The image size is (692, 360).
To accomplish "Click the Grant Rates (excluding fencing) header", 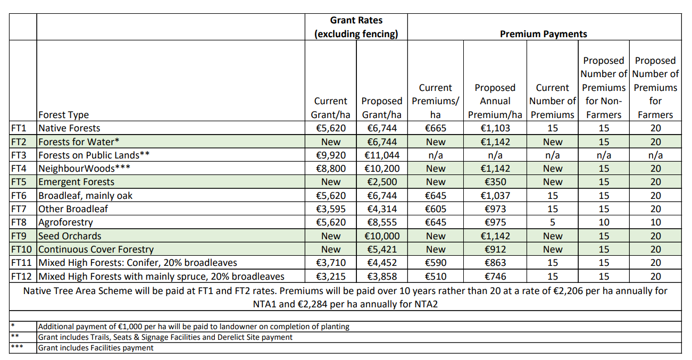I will [x=356, y=27].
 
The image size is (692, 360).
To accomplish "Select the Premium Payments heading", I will [x=543, y=34].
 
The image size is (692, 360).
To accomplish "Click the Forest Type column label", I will [x=63, y=115].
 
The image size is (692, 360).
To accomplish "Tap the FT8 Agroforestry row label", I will [x=65, y=222].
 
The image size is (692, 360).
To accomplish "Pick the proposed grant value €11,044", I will [x=381, y=155].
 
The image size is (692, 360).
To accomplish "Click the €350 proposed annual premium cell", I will [x=495, y=182].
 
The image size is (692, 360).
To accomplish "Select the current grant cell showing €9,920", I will [x=330, y=155].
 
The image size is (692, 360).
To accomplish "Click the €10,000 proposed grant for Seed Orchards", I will [x=381, y=236].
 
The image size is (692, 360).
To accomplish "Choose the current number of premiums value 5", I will [x=552, y=222].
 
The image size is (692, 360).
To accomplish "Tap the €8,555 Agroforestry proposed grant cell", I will [x=381, y=222].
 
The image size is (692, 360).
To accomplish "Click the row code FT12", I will [x=22, y=277].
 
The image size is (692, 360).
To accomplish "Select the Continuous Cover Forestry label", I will [x=96, y=249].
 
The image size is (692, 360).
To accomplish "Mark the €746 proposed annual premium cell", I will [x=495, y=277].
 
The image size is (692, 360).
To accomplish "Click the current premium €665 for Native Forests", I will [x=435, y=128].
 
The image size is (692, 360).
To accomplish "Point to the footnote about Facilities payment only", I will [x=96, y=348].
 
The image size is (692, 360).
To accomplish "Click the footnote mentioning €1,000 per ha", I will [x=194, y=326].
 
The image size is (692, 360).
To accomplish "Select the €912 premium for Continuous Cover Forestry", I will [x=495, y=249].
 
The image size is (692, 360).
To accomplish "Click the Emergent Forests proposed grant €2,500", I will [x=381, y=182].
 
